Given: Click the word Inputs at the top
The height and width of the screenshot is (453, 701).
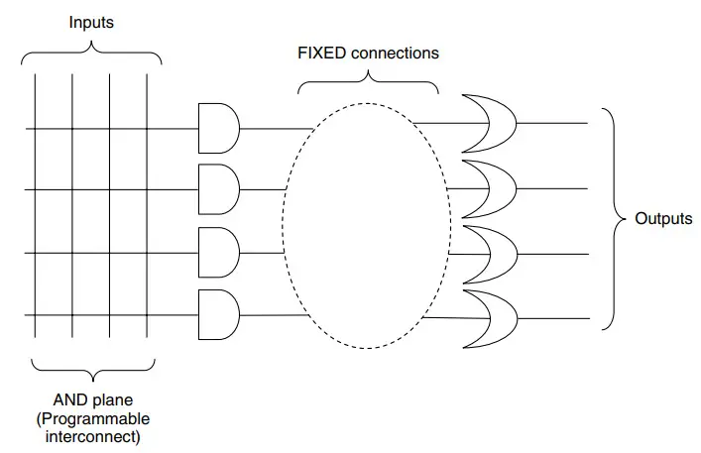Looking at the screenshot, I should [x=91, y=22].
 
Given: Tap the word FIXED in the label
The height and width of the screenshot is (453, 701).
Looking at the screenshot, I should [x=321, y=52].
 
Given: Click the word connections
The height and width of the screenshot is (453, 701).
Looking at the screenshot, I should [x=393, y=52].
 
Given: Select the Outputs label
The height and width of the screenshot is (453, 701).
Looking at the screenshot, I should [x=663, y=219].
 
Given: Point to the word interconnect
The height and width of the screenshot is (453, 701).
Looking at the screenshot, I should [x=91, y=435].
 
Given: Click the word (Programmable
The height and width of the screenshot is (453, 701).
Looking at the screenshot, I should [x=91, y=418].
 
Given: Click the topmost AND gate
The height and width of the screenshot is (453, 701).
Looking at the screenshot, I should [x=217, y=127].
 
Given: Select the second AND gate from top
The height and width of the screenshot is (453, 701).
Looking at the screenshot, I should [x=217, y=189].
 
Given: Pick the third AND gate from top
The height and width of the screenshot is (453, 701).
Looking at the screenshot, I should [x=217, y=252].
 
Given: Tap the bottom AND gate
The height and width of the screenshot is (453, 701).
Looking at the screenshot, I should [x=217, y=314].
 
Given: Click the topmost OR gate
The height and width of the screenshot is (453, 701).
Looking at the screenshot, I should [x=487, y=122].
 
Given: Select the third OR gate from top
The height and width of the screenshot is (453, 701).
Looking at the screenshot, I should [x=487, y=252].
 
